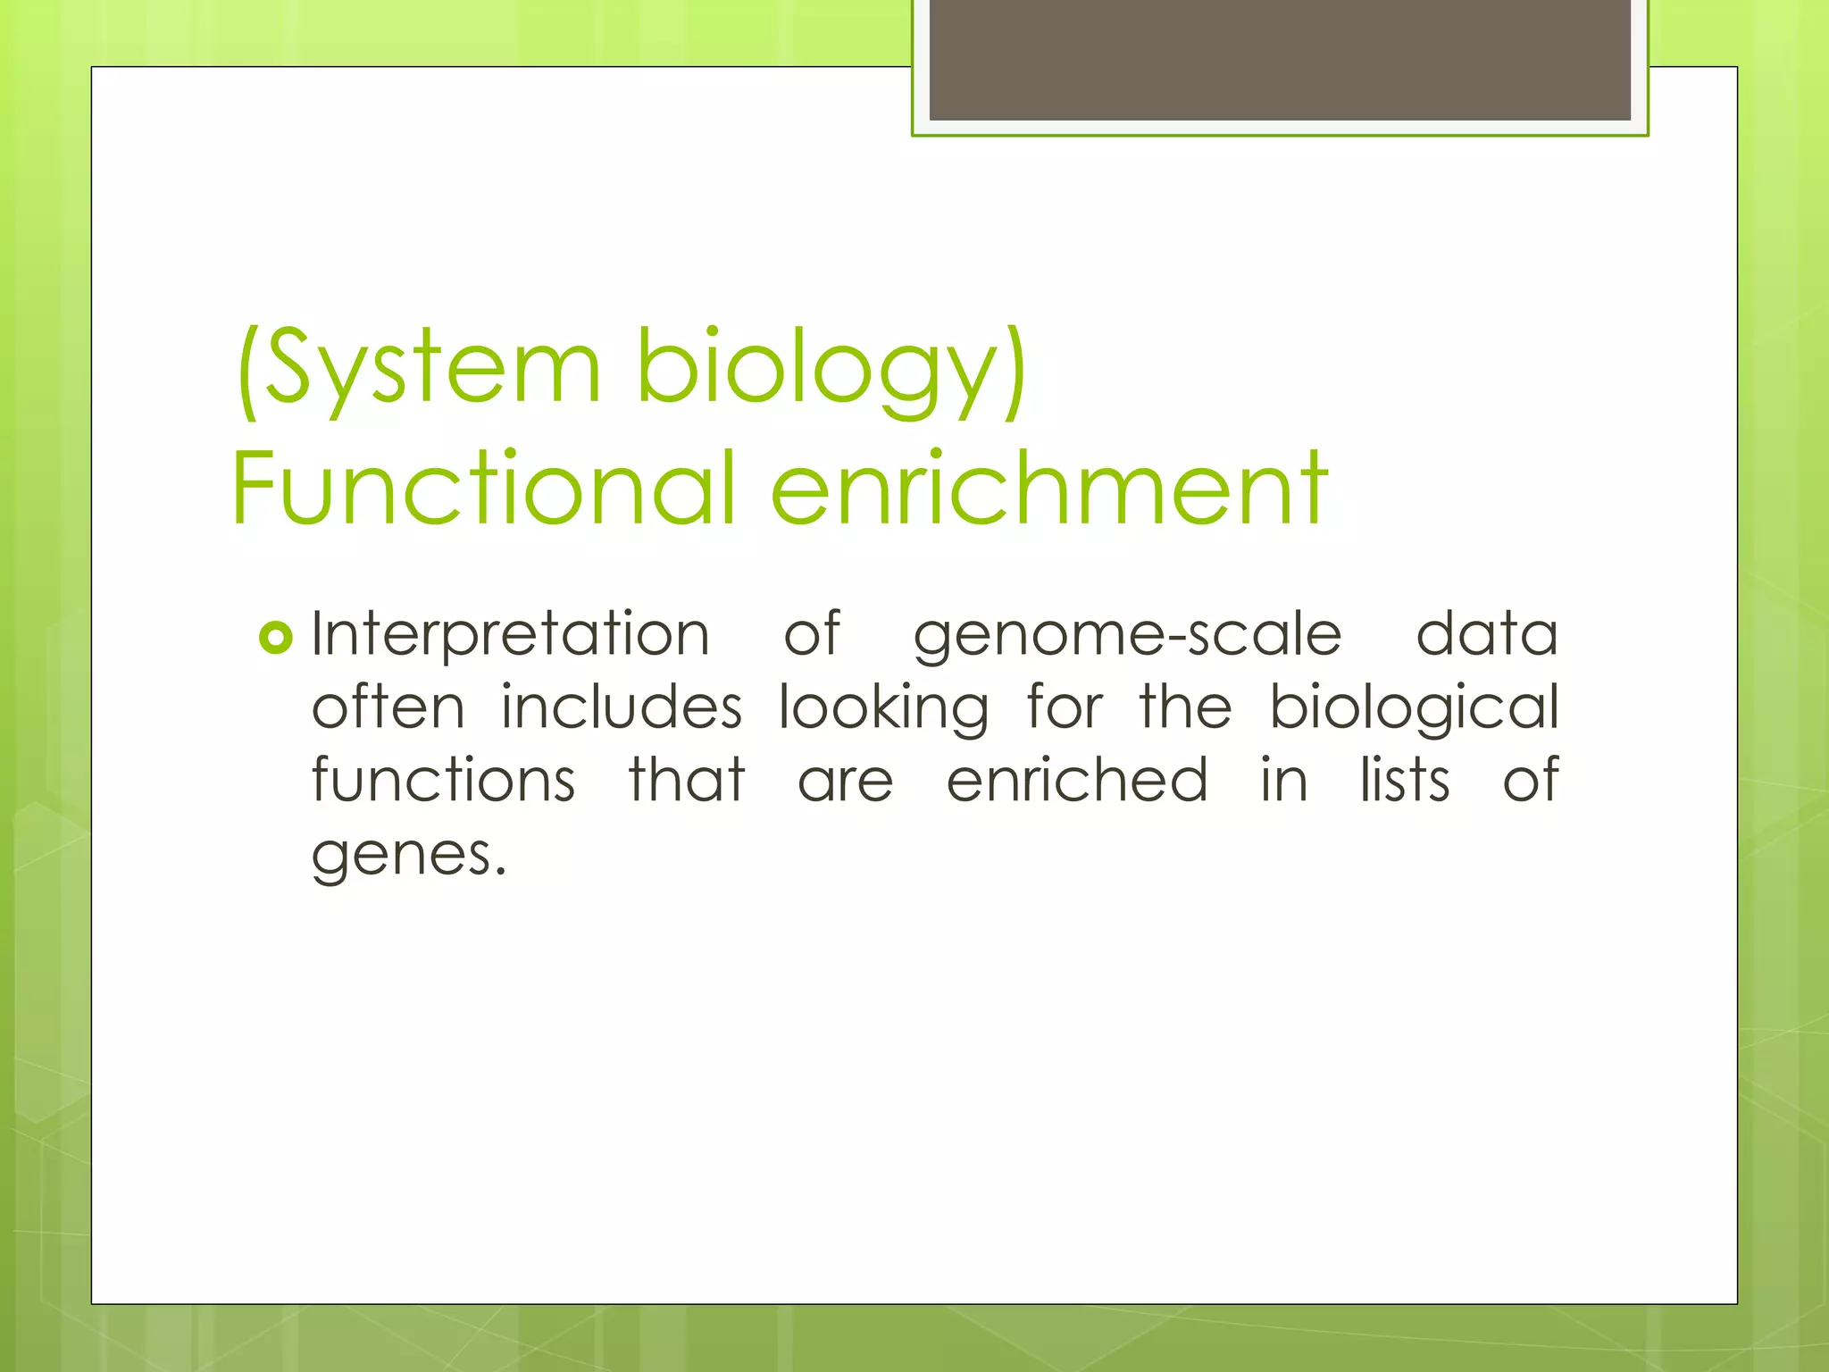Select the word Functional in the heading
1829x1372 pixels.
[483, 489]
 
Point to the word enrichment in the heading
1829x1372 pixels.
[1048, 489]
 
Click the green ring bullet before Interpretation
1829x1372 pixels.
[275, 638]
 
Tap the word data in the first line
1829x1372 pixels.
[1487, 634]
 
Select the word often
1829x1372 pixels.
[388, 707]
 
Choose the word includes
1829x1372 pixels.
[621, 707]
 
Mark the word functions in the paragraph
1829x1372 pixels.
[443, 781]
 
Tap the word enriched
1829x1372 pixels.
[1077, 781]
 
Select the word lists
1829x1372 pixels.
[1405, 781]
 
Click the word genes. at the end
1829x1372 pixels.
[409, 856]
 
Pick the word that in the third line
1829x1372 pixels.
[686, 781]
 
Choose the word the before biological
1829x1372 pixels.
[1185, 707]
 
